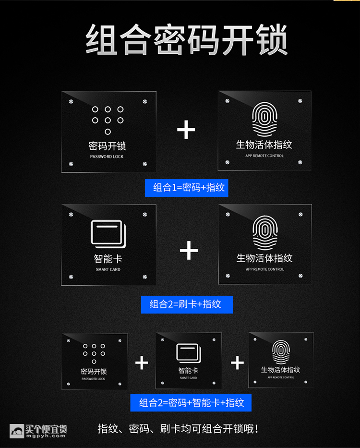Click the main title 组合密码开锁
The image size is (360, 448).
click(x=187, y=40)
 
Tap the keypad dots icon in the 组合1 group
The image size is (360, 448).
click(x=108, y=120)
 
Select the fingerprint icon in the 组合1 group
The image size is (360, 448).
click(x=264, y=120)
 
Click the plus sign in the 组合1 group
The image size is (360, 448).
click(x=186, y=130)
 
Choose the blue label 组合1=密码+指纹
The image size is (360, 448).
click(x=187, y=188)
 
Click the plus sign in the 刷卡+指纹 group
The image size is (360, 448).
click(x=189, y=250)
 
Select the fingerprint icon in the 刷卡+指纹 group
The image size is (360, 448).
click(x=265, y=233)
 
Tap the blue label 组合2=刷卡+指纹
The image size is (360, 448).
click(x=187, y=304)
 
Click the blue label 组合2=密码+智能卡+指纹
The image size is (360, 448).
click(x=191, y=402)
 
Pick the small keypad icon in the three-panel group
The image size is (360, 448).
click(x=94, y=353)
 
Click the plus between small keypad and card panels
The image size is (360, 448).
click(x=142, y=363)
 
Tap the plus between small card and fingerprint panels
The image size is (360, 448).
click(x=237, y=363)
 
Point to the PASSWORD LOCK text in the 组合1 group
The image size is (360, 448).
click(x=107, y=157)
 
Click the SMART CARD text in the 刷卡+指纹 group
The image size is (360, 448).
click(x=108, y=269)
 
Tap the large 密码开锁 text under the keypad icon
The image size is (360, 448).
click(x=108, y=146)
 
